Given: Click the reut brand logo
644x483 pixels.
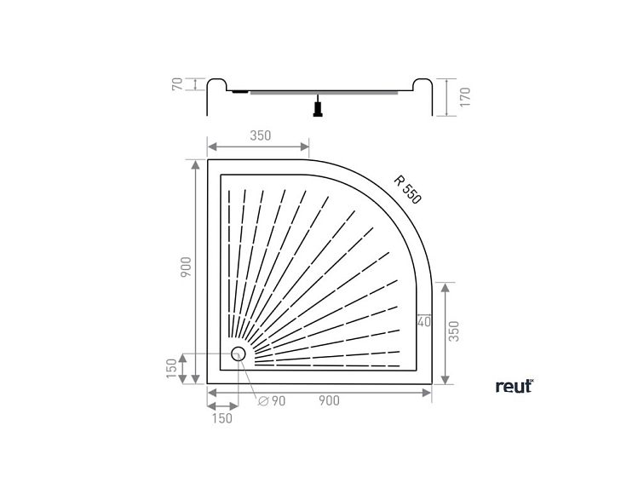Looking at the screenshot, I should point(514,386).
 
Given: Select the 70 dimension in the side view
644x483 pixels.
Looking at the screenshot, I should point(177,84).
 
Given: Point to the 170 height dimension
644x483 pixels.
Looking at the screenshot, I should point(464,96).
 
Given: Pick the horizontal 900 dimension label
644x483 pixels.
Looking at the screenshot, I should point(329,400).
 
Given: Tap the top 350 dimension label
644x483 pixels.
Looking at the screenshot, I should point(260,135).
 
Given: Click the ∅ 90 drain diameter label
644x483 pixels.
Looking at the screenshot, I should point(272,400).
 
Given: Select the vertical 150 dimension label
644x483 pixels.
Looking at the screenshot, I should point(172,369).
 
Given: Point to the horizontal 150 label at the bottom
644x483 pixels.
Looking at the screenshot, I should point(221,417).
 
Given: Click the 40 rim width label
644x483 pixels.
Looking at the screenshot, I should point(424,322).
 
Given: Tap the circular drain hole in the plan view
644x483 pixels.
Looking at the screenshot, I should point(239,354).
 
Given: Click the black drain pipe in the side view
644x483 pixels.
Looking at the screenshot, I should point(318,107).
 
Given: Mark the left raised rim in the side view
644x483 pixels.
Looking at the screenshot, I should point(216,85).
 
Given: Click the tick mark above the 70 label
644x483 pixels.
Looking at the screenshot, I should point(197,78).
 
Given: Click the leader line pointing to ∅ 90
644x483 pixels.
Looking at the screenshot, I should point(250,379).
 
